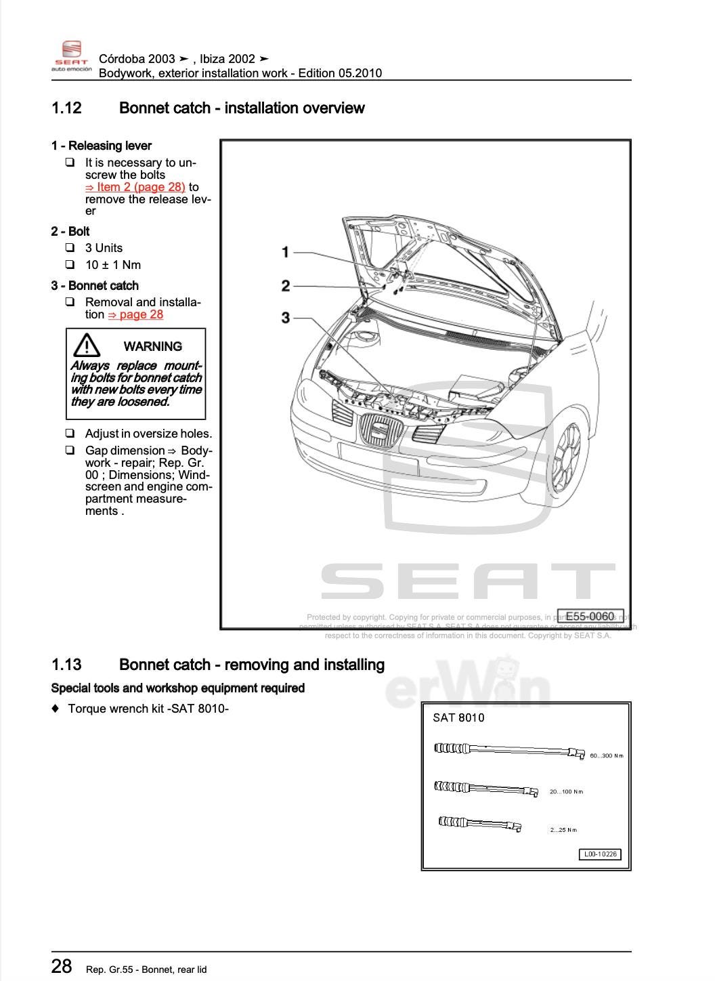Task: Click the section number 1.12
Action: click(x=66, y=108)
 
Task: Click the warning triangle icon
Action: click(x=87, y=346)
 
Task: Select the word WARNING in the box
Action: click(x=152, y=346)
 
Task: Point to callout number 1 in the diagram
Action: click(x=286, y=252)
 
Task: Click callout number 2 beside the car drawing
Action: click(x=286, y=286)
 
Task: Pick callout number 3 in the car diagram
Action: click(x=286, y=318)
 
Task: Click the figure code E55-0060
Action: click(x=589, y=616)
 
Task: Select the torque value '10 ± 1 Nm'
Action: click(x=113, y=265)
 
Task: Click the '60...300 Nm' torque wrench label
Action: click(x=606, y=755)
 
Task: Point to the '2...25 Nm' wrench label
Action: click(x=563, y=830)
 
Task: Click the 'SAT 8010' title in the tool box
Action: click(x=458, y=718)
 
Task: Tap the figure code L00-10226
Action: click(x=600, y=854)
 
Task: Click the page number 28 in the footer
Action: click(x=62, y=966)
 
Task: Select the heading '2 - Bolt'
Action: click(x=70, y=231)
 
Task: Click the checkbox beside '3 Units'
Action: click(x=70, y=247)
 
